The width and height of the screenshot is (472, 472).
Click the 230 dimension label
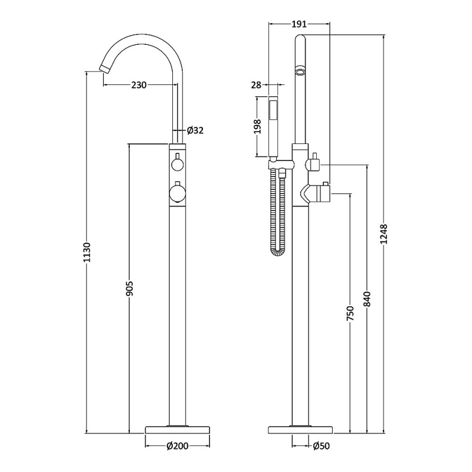point(139,85)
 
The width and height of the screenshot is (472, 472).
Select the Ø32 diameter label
point(195,130)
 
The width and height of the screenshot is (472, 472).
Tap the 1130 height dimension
point(87,252)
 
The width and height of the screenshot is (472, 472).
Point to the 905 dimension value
point(129,289)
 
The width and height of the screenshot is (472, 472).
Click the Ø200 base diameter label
point(178,445)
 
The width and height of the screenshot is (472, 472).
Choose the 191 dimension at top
point(299,24)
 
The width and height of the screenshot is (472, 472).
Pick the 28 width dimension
point(256,85)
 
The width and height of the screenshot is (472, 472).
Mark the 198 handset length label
point(257,126)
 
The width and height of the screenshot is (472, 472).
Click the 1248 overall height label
point(384,234)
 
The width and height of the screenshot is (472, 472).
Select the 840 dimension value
point(367,299)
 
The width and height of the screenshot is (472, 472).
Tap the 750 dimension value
point(350,313)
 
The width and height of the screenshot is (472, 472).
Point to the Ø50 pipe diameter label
point(321,445)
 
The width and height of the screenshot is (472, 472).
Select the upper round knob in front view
point(178,164)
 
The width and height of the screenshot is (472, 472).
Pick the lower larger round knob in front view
point(178,194)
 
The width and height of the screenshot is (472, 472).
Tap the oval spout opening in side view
point(300,71)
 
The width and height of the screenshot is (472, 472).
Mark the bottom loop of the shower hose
point(278,253)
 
